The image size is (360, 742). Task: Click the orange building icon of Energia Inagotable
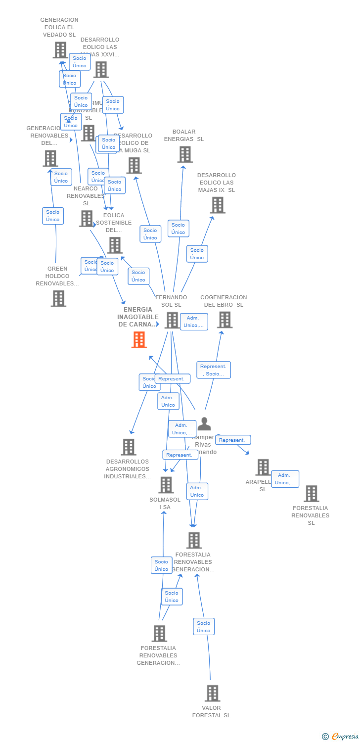coord(139,340)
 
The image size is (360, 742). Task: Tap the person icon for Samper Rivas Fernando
coord(204,424)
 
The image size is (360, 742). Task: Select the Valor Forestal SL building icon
coord(213,693)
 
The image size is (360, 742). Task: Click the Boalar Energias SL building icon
coord(185,154)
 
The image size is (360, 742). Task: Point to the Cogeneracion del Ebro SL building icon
coord(225,320)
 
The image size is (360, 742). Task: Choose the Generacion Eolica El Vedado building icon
coord(60,50)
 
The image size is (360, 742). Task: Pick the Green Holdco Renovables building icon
coord(58,298)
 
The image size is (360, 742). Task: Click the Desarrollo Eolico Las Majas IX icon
coord(218,205)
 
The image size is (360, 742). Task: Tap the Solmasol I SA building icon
coord(166,485)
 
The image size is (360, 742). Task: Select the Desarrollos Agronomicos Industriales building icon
coord(129,447)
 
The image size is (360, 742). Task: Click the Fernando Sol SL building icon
coord(172,320)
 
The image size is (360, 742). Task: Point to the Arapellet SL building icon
coord(263,467)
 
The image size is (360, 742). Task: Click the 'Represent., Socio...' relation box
coord(214,370)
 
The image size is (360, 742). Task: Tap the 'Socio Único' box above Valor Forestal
coord(203,627)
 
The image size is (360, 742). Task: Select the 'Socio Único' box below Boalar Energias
coord(178,229)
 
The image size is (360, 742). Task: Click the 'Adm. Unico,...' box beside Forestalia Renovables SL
coord(285,479)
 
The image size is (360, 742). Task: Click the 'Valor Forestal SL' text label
coord(212,711)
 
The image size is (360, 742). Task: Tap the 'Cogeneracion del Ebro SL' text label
coord(224,301)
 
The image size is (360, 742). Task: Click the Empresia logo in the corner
coord(341,737)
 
